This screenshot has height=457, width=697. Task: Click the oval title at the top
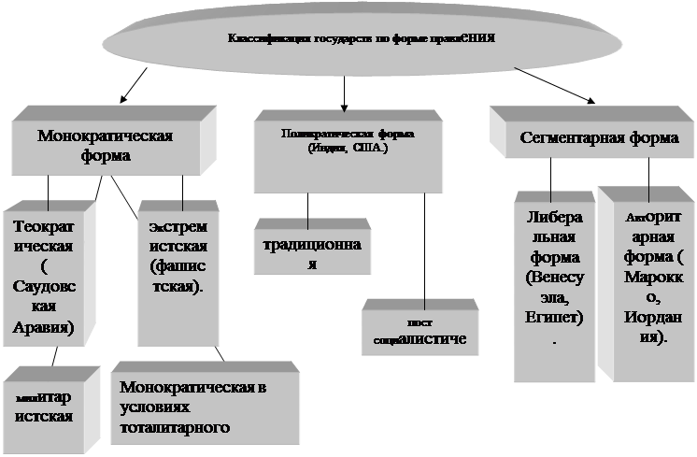tap(360, 39)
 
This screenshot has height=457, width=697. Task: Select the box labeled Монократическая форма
tap(105, 146)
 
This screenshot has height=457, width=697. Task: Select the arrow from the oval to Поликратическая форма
tap(344, 92)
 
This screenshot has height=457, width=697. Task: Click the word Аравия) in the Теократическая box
tap(44, 327)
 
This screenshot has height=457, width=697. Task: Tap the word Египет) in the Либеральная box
tap(554, 319)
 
